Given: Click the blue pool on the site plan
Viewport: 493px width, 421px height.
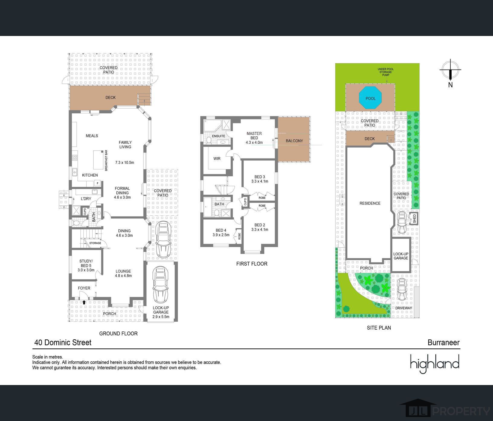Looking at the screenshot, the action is point(370,98).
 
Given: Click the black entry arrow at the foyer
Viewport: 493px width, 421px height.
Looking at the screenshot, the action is point(84,302).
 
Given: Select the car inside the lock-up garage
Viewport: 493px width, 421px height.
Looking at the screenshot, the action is point(161,285).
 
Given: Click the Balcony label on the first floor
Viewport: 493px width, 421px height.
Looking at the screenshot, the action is point(294,141).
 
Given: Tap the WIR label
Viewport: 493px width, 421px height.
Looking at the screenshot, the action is point(217,158).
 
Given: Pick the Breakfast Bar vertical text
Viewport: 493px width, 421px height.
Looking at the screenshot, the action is point(106,160).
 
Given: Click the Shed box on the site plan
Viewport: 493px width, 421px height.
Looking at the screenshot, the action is point(414,218).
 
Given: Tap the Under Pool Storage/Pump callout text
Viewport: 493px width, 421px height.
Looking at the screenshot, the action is point(386,72).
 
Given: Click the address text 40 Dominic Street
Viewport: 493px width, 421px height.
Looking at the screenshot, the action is point(63,342).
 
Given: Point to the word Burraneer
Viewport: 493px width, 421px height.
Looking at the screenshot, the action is point(443,342).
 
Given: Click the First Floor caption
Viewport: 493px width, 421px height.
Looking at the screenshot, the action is point(252,264).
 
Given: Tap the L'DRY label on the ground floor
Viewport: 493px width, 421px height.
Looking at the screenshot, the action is point(86,199).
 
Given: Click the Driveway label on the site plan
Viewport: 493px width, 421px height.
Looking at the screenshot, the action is point(404,308).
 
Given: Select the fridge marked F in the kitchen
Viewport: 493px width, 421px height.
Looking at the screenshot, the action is point(98,183).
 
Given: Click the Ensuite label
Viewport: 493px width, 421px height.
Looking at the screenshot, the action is point(218,136).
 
